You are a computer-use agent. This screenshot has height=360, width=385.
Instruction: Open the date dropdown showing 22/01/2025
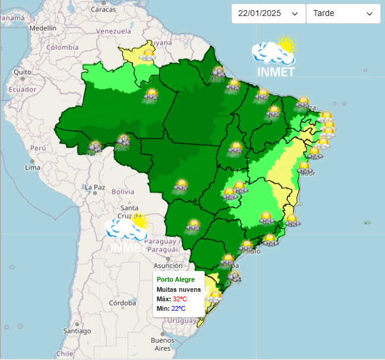(268, 14)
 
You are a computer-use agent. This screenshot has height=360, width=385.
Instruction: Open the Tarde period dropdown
(343, 14)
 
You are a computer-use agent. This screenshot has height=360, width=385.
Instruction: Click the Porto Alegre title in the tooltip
(176, 279)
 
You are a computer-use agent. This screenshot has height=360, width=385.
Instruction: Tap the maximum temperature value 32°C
(180, 299)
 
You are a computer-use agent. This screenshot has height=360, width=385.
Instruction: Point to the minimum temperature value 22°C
(179, 308)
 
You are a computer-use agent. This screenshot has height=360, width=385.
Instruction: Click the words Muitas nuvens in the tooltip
(179, 289)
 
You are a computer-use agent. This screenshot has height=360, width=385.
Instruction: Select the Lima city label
(33, 168)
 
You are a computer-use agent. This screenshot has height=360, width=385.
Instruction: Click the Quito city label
(23, 72)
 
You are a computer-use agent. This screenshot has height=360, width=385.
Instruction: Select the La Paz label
(95, 187)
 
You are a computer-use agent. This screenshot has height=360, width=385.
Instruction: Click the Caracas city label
(103, 9)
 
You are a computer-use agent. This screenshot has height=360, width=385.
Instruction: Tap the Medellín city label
(43, 28)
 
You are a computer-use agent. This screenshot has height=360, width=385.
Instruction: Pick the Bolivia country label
(123, 192)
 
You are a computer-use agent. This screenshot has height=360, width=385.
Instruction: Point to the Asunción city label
(167, 266)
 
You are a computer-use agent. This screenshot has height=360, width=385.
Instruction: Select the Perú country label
(38, 148)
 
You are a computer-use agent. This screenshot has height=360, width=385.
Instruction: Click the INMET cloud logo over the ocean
(274, 58)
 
